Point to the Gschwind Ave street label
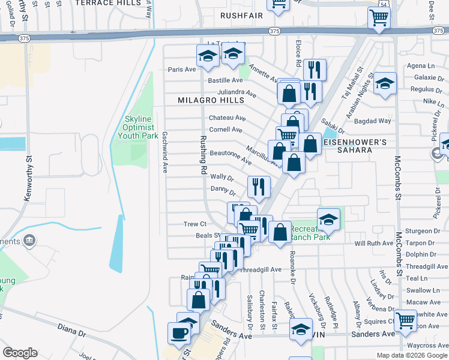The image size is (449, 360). point(164,152)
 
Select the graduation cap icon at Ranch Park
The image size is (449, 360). point(328,220)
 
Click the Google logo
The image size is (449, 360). point(20,353)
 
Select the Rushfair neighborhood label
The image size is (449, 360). point(242,15)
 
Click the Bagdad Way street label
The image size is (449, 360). point(372,121)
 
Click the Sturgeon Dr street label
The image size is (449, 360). point(420,230)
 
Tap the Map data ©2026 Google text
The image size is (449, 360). point(411,355)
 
